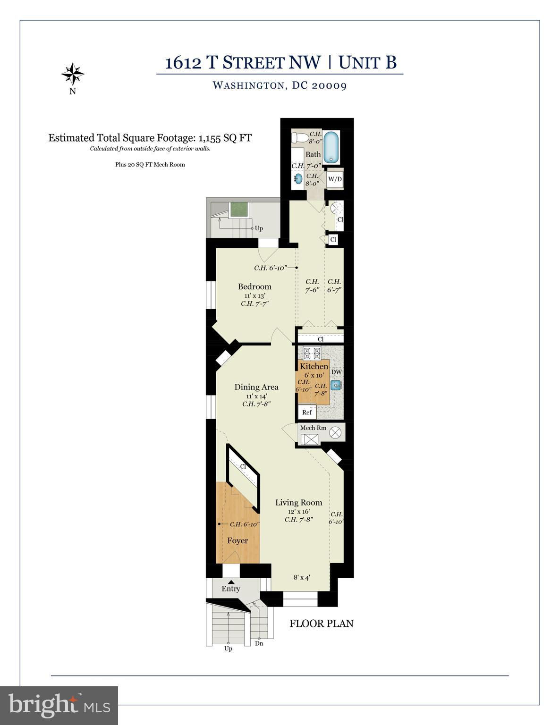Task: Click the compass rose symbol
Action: [72, 74]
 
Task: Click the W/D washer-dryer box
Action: [335, 179]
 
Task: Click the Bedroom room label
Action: [255, 286]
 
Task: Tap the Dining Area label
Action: [256, 387]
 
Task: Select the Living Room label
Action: [299, 503]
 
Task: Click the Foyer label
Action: [238, 540]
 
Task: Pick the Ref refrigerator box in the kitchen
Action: [307, 412]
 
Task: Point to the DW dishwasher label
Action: [337, 372]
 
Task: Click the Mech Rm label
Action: [313, 428]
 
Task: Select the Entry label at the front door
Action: [231, 589]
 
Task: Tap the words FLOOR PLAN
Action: [322, 624]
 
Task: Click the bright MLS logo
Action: [59, 705]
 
